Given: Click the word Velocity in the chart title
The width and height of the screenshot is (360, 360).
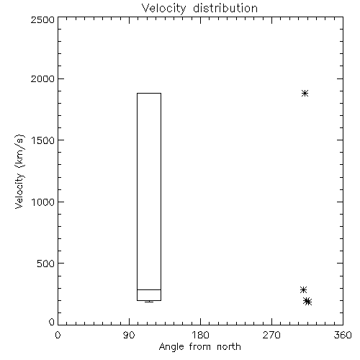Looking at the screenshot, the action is [163, 9].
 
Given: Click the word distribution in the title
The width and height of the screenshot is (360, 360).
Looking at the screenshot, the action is [225, 8].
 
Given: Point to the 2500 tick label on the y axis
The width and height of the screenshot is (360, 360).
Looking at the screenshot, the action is [42, 19].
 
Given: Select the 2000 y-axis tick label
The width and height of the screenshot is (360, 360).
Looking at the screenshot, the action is [42, 78].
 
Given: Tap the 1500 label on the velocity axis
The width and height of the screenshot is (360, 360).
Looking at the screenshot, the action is [43, 140].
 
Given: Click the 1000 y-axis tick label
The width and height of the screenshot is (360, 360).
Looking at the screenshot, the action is [43, 202].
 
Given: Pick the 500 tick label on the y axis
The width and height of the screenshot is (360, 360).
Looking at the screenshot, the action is [46, 264].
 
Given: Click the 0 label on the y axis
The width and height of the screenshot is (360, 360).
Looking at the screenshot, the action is [52, 322].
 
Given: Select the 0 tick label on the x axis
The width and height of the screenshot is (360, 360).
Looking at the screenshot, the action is [58, 335].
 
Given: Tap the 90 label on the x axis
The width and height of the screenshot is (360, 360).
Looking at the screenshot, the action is [129, 335].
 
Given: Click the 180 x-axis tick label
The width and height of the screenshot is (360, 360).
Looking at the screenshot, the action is [200, 335].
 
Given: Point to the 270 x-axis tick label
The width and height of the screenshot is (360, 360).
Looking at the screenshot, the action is [271, 335].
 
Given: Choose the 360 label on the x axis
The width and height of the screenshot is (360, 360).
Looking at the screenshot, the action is [343, 335].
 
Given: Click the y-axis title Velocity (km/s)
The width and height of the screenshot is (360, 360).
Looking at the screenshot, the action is [19, 171].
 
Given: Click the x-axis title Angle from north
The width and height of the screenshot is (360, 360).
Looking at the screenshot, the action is [200, 347].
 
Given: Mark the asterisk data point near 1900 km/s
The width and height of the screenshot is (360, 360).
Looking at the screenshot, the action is [305, 93].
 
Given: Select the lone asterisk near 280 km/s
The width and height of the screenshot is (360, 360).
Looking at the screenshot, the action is [303, 289].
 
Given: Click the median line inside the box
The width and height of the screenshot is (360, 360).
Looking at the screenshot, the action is [149, 289].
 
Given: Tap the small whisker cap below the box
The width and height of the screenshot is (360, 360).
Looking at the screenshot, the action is [149, 302].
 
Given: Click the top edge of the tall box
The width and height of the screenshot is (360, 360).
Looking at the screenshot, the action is [149, 93].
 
